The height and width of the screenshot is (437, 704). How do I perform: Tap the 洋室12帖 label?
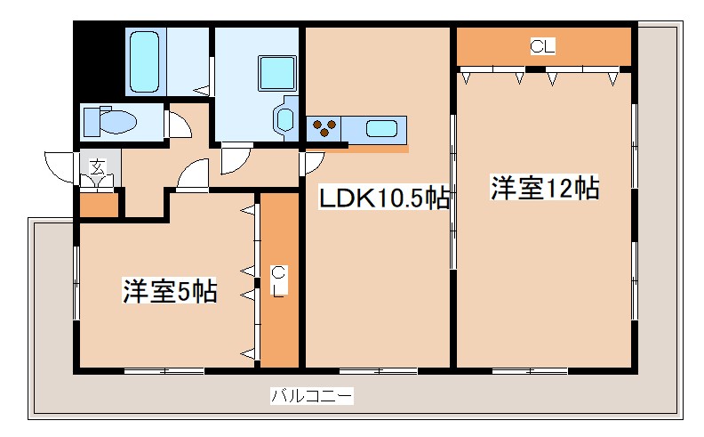tap(544, 189)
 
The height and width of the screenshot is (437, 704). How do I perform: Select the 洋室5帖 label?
tap(170, 291)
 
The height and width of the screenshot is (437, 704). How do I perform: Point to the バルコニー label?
tap(311, 396)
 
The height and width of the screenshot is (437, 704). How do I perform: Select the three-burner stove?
tap(324, 130)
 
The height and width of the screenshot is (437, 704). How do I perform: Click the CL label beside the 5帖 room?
tap(278, 279)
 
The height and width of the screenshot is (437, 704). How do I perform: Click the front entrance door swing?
tap(60, 166)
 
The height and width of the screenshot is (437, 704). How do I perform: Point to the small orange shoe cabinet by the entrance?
tap(99, 205)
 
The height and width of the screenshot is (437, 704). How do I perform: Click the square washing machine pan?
tap(273, 70)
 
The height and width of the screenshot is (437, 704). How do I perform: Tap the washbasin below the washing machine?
tap(286, 118)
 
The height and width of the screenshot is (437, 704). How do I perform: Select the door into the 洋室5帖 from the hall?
tap(192, 176)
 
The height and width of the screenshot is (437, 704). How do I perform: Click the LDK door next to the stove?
tap(314, 163)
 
